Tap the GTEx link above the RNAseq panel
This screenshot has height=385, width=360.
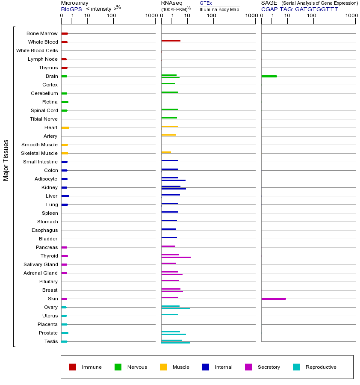coord(206,3)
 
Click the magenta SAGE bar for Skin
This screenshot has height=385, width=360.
coord(273,299)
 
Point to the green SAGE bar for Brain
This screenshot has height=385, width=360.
coord(269,76)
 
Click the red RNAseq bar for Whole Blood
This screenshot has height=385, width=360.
coord(171,41)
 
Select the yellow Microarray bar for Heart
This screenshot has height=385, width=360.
coord(65,127)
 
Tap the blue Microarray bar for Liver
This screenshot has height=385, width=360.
coord(65,196)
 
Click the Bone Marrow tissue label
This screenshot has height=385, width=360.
coord(42,33)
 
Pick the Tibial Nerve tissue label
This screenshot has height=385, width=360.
coord(44,119)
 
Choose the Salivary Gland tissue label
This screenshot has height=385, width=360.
coord(41,264)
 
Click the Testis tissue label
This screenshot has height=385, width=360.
coord(51,341)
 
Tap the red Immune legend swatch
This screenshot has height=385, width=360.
coord(73,367)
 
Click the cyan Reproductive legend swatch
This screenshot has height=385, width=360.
coord(296,367)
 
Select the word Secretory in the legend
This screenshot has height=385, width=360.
coord(269,367)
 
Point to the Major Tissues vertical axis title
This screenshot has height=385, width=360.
coord(6,160)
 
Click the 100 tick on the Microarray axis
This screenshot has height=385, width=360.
coord(112,16)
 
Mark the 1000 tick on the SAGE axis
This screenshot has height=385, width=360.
coord(351,16)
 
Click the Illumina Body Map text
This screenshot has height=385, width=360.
coord(219,9)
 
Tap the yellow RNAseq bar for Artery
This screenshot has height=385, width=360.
coord(168,135)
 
